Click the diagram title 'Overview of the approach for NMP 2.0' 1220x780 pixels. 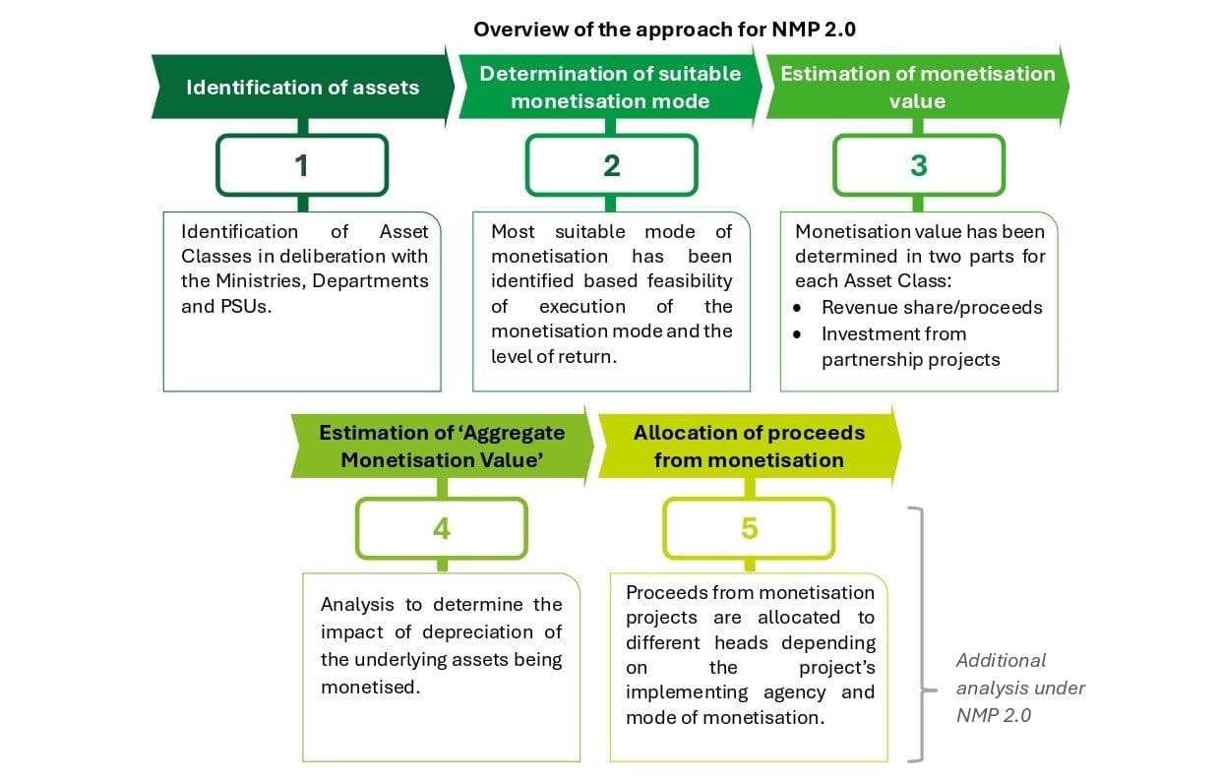(x=664, y=29)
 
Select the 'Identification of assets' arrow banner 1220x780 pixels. (x=302, y=88)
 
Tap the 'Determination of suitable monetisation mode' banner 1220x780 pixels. (x=610, y=87)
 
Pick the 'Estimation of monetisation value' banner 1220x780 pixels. (x=917, y=87)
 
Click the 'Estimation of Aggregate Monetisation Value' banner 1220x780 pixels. (x=441, y=446)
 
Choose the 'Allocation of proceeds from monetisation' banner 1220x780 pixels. (x=748, y=446)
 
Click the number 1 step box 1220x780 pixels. (x=302, y=165)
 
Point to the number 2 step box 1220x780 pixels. (x=611, y=165)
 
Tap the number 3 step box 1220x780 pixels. (x=918, y=165)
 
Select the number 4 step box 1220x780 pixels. (x=441, y=528)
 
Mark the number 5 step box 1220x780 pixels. (x=749, y=528)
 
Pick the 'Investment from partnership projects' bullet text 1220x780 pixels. (x=910, y=346)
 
